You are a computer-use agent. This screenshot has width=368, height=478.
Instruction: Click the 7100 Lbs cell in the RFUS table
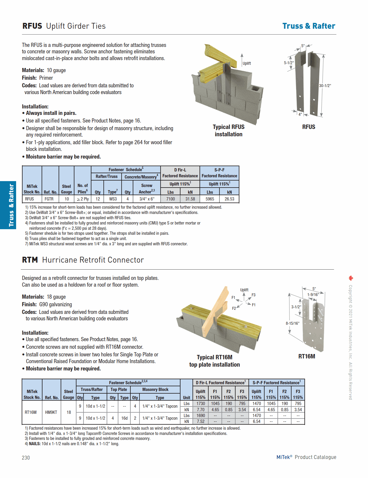(171, 199)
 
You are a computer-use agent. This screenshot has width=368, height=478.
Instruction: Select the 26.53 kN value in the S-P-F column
(229, 199)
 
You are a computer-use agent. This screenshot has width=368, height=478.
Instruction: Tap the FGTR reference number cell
(49, 199)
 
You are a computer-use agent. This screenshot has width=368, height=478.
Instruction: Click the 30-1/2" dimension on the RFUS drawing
(325, 86)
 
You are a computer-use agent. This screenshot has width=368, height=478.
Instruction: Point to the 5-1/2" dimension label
(289, 63)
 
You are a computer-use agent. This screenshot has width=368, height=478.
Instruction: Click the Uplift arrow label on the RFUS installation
(247, 63)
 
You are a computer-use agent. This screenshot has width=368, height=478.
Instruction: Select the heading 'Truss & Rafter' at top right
(309, 26)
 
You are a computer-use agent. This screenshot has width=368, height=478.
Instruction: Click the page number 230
(26, 458)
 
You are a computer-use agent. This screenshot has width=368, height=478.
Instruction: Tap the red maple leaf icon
(351, 278)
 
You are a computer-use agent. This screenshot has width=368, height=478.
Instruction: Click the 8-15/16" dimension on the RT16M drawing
(292, 323)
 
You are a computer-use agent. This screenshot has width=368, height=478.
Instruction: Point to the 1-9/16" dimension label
(313, 295)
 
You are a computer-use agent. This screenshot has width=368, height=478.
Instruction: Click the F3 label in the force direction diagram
(253, 295)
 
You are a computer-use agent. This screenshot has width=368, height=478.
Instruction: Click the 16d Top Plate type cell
(125, 418)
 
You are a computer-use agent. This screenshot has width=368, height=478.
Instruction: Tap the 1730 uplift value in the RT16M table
(201, 404)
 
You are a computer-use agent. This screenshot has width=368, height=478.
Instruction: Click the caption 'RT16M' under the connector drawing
(306, 356)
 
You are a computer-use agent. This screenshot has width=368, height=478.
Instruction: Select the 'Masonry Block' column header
(155, 389)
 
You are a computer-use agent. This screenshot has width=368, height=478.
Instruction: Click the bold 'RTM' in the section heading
(30, 260)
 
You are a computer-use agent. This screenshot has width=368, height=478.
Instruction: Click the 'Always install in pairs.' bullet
(51, 113)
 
